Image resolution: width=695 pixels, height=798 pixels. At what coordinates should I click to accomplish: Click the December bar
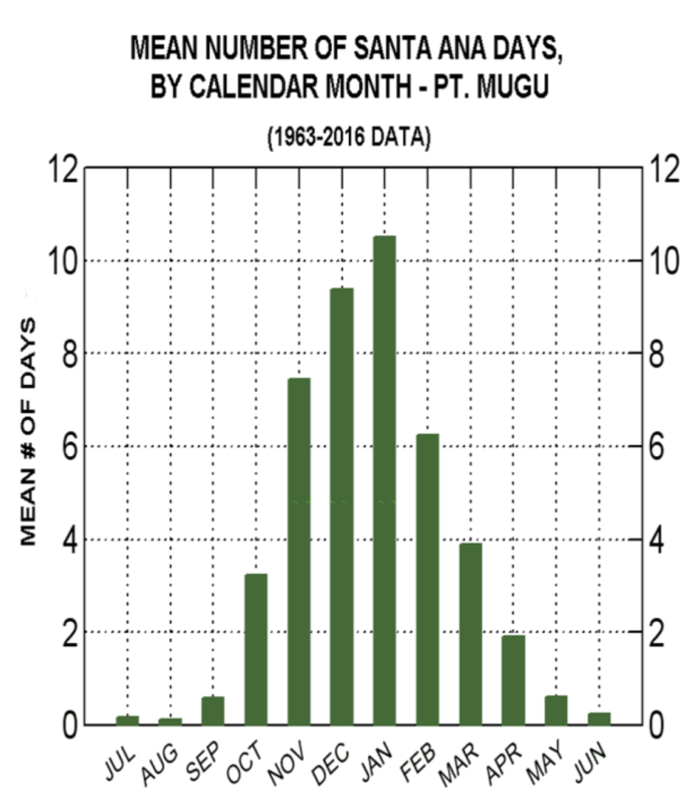pyautogui.click(x=341, y=507)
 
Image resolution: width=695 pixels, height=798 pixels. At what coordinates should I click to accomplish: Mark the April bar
pyautogui.click(x=513, y=680)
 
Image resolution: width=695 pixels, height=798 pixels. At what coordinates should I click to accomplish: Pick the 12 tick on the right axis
pyautogui.click(x=665, y=168)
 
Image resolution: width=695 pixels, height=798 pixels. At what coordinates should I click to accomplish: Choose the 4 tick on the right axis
pyautogui.click(x=657, y=539)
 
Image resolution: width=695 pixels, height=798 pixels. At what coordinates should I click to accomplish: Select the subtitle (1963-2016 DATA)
pyautogui.click(x=348, y=139)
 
